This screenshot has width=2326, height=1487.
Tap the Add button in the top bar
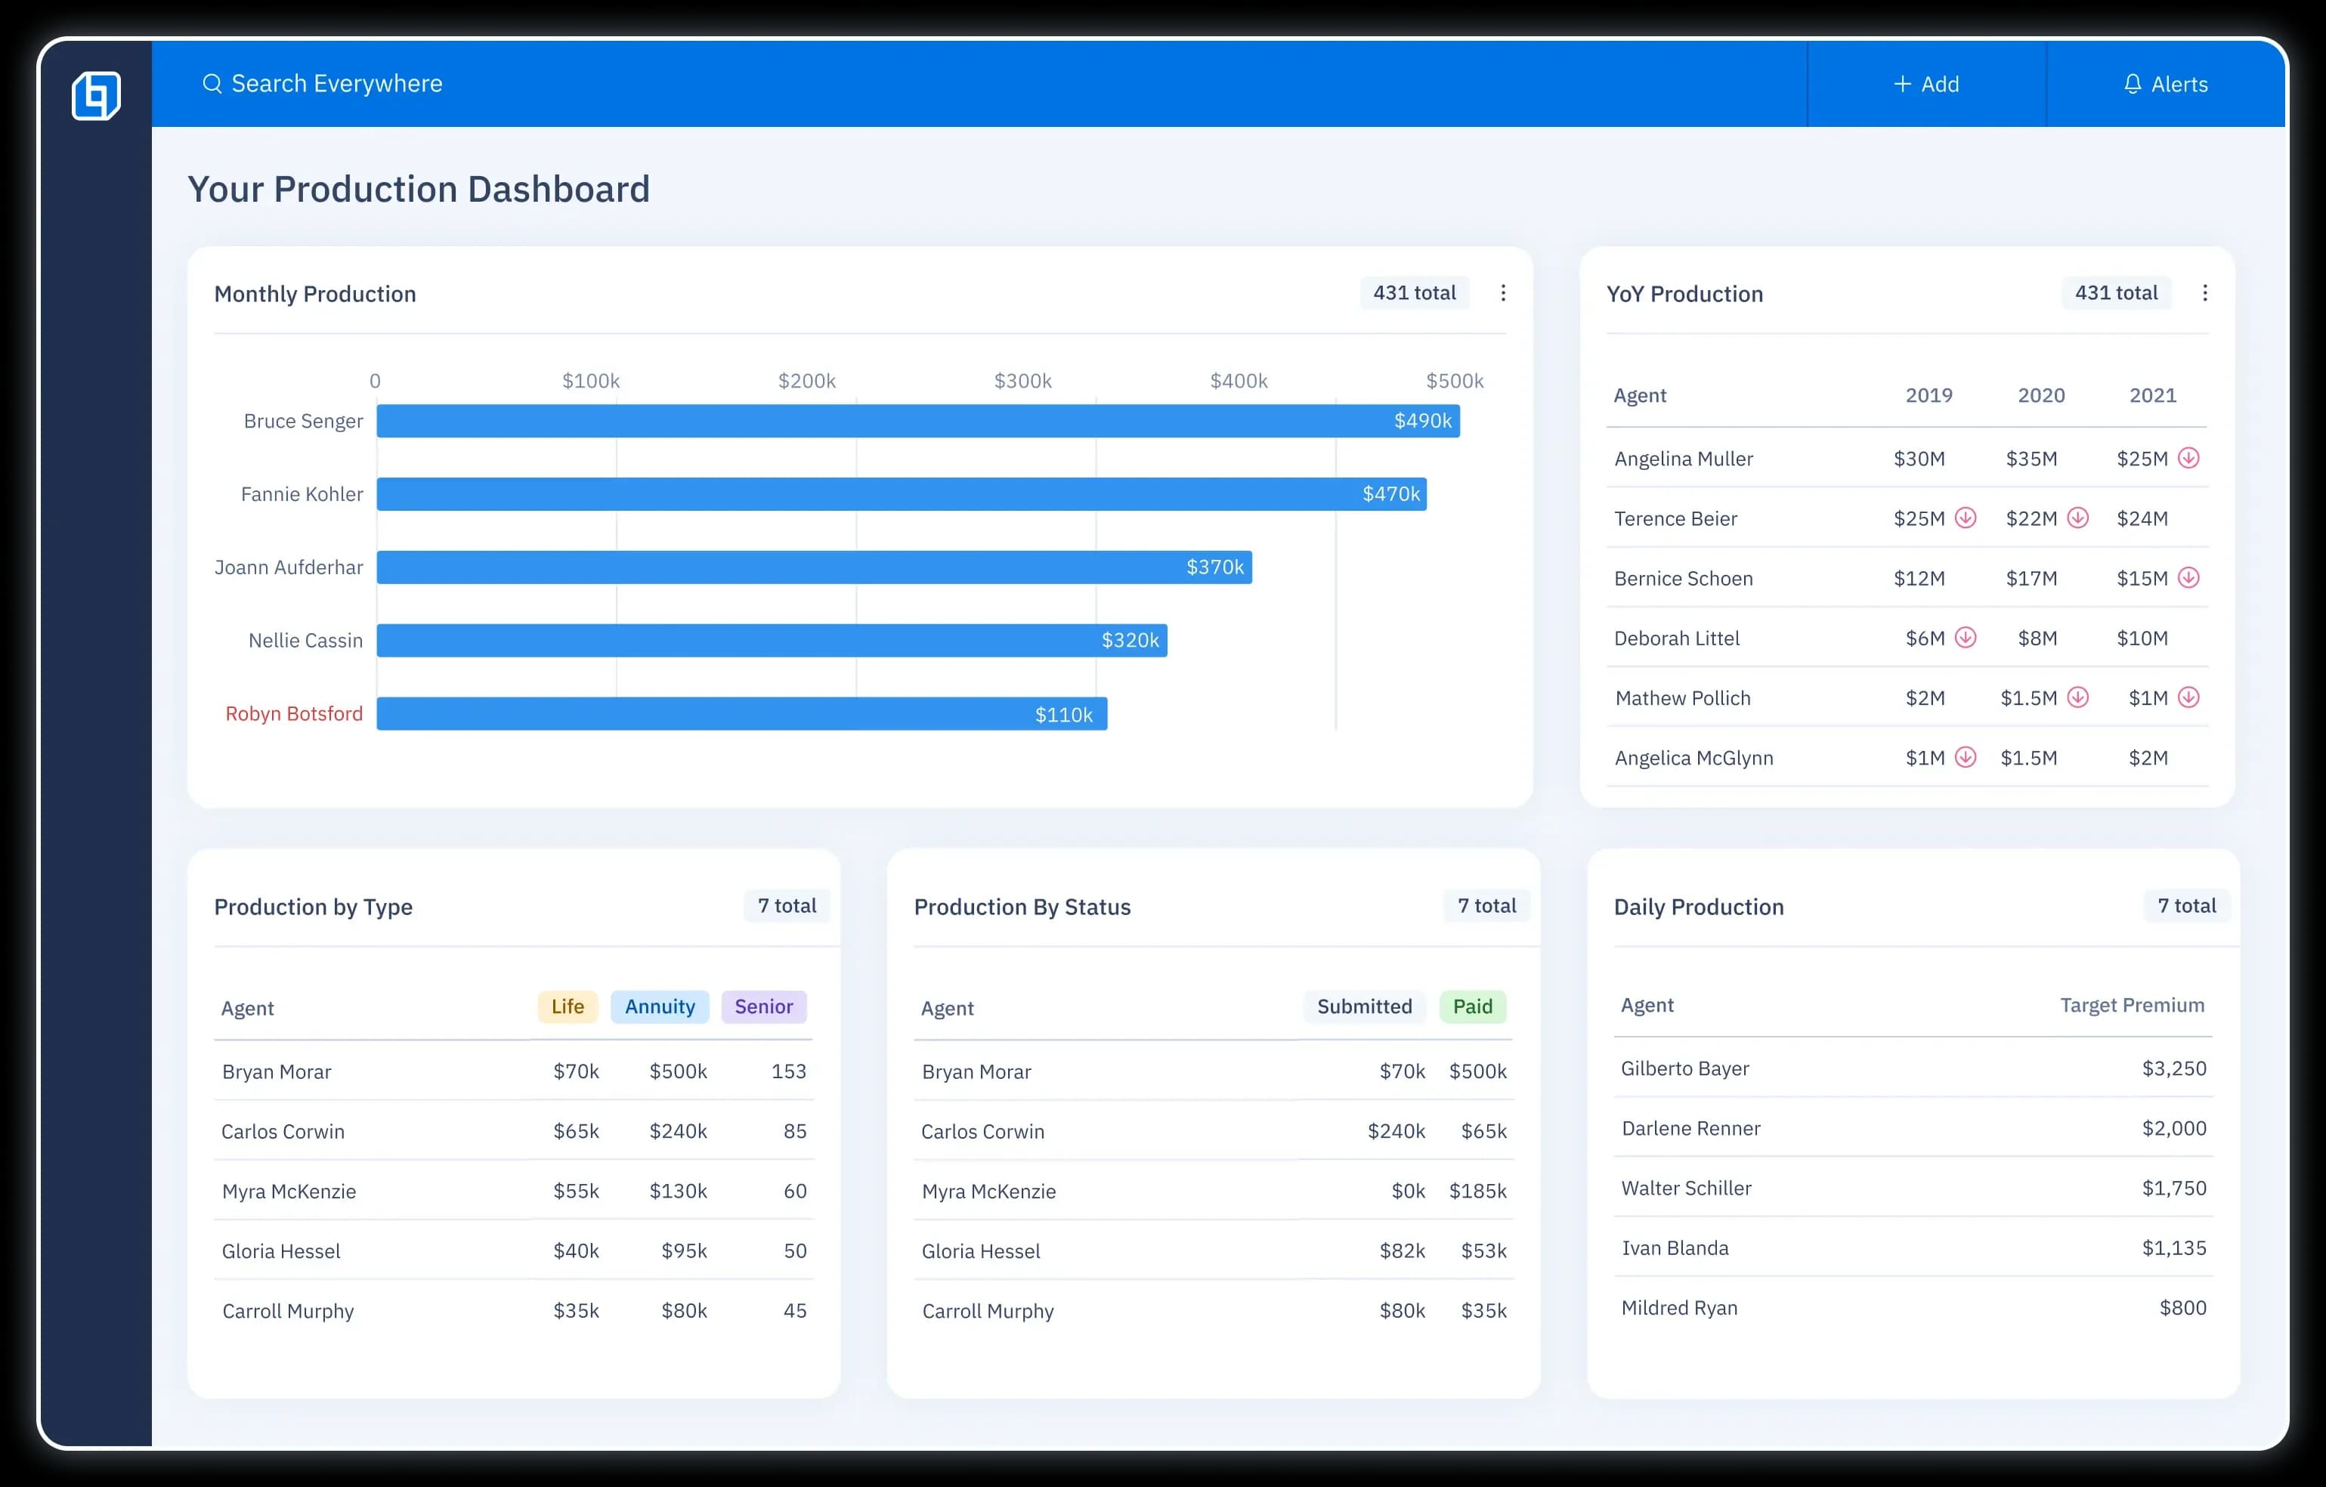tap(1925, 84)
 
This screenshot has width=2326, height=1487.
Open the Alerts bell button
tap(2165, 84)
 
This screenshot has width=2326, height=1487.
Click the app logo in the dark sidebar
tap(96, 96)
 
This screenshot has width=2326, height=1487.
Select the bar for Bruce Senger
tap(917, 421)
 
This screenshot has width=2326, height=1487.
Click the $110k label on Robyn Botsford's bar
tap(1062, 715)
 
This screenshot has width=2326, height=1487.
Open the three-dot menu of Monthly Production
tap(1502, 292)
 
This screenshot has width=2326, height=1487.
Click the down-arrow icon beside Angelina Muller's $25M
tap(2188, 458)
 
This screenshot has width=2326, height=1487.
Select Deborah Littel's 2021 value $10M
tap(2142, 638)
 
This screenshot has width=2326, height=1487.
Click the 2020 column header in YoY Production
tap(2040, 395)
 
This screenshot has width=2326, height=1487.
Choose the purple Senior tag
tap(763, 1006)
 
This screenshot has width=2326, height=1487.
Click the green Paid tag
tap(1471, 1006)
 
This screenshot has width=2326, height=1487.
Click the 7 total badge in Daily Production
tap(2186, 906)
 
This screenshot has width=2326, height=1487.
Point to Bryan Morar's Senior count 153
tap(788, 1071)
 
